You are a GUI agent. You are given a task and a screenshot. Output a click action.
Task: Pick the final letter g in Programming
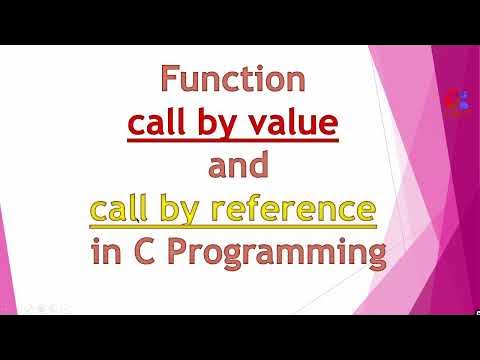373,255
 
